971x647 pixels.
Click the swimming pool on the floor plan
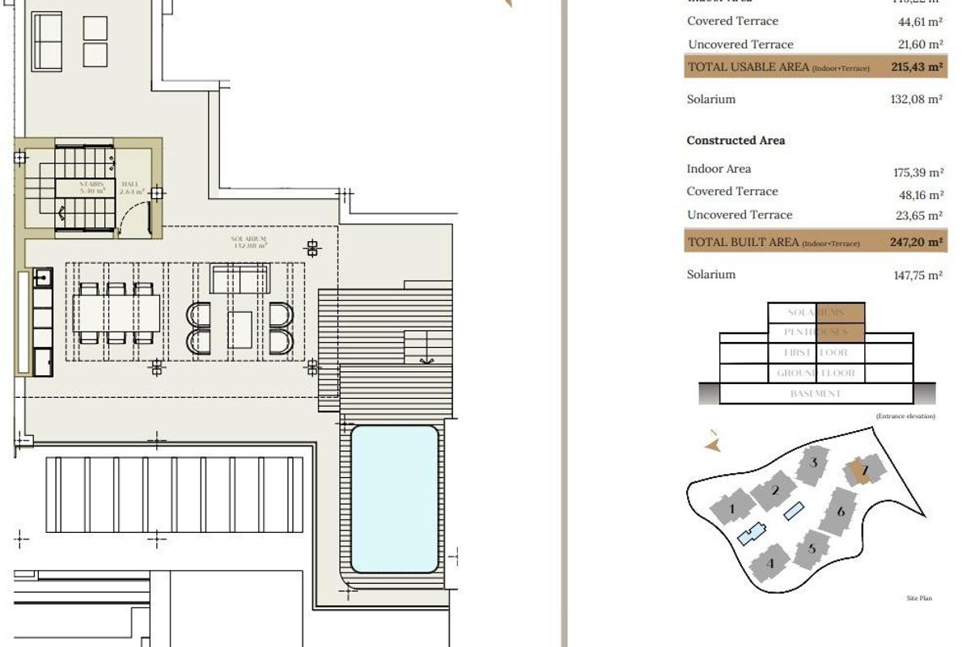coord(394,499)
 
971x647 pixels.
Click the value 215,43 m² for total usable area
coord(918,67)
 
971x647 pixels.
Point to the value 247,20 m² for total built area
coord(918,242)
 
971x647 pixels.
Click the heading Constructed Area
coord(736,141)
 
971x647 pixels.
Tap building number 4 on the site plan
coord(770,563)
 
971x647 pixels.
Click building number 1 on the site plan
coord(732,509)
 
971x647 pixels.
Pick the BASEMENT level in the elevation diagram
coord(816,394)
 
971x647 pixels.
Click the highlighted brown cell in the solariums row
coord(841,312)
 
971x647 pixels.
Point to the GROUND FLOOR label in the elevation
coord(816,374)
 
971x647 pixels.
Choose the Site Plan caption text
coord(919,598)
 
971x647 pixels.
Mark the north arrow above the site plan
coord(712,442)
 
